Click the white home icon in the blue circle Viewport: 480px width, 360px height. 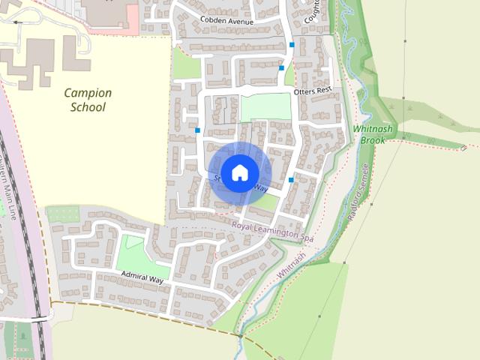pos(239,173)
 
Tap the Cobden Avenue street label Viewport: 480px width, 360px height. pos(226,19)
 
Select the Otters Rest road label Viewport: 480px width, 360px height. pos(313,91)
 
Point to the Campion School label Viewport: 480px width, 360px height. pos(88,100)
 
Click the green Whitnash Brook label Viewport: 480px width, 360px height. pos(373,134)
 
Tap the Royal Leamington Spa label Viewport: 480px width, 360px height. pos(272,230)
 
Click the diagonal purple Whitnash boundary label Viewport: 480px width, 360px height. pos(291,266)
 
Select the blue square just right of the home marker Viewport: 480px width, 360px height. pos(291,180)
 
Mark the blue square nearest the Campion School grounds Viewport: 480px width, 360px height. pos(197,130)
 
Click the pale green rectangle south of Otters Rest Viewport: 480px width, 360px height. pos(265,107)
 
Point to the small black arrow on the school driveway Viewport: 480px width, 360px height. pos(17,22)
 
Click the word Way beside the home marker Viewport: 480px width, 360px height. pos(259,188)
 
